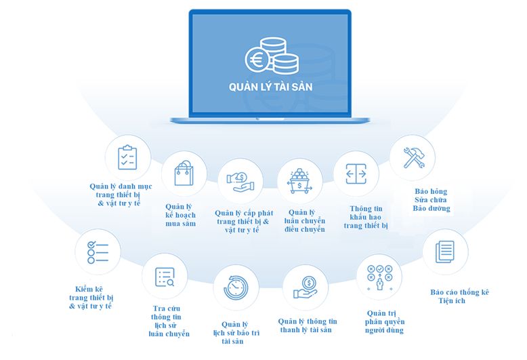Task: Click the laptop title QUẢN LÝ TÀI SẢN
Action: click(x=270, y=88)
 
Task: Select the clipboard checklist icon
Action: click(x=127, y=157)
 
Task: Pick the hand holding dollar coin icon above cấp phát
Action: click(x=242, y=180)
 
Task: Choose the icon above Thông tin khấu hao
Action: click(x=356, y=174)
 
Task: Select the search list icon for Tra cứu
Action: click(x=165, y=277)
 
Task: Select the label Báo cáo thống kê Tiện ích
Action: click(x=459, y=296)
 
